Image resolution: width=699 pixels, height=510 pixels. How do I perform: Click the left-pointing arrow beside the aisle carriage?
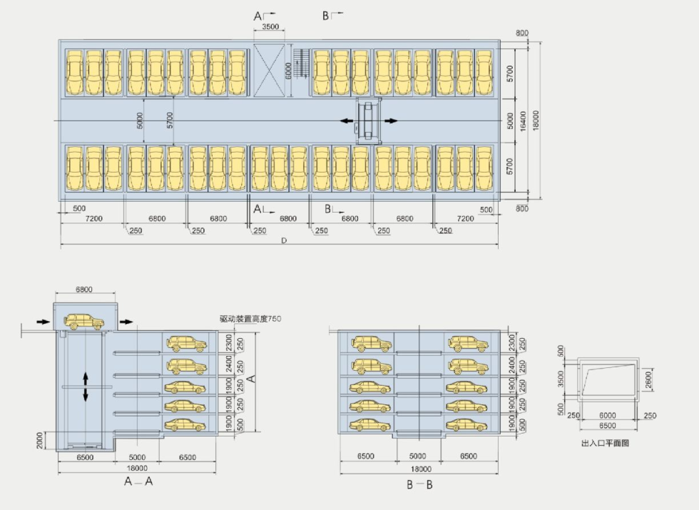[x=345, y=121]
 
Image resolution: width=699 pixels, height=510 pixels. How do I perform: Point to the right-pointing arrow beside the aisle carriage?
[x=391, y=121]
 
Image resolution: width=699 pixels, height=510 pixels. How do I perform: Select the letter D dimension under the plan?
[x=283, y=241]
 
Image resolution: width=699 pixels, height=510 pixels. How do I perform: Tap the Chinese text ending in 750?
[x=250, y=319]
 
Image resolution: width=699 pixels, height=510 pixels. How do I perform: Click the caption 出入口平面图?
[x=606, y=443]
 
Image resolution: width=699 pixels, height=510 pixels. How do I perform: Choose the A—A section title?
[x=138, y=481]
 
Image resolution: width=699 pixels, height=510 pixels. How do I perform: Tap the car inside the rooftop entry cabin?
[x=84, y=322]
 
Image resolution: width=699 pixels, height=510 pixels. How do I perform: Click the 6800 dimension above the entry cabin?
[x=84, y=290]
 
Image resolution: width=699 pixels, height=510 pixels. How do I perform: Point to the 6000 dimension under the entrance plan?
[x=607, y=416]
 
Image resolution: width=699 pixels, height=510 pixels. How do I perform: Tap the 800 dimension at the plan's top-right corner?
[x=523, y=34]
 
